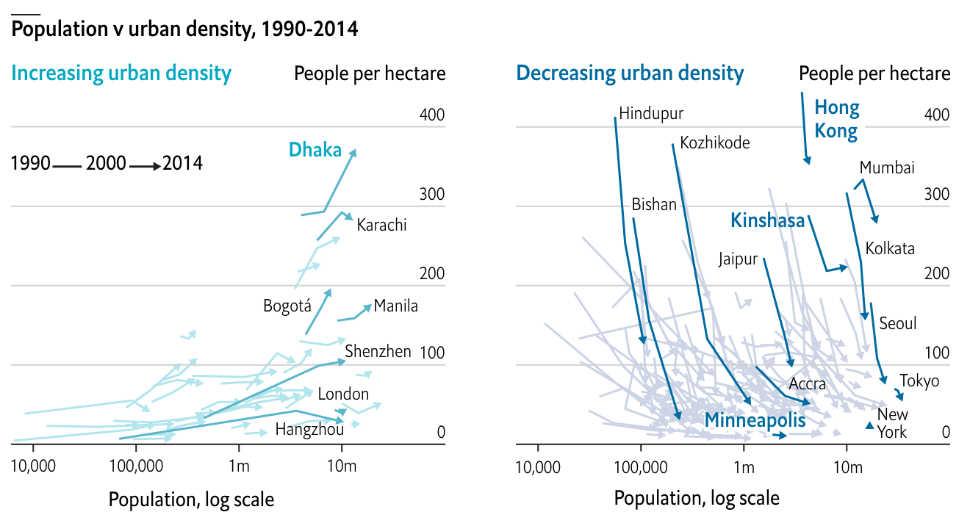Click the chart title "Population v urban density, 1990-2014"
tap(184, 30)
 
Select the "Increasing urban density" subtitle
tap(121, 73)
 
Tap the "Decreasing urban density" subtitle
tap(630, 73)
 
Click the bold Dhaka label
tap(315, 150)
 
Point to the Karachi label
tap(381, 225)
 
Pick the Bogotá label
tap(287, 306)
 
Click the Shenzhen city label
tap(378, 351)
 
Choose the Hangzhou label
tap(309, 429)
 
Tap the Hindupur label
tap(651, 113)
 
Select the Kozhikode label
tap(714, 143)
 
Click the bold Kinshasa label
tap(767, 220)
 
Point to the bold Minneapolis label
tap(755, 420)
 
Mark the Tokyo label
tap(919, 381)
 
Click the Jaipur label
tap(738, 259)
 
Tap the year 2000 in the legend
tap(106, 163)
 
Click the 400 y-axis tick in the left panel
tap(431, 115)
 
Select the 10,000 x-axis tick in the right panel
tap(539, 467)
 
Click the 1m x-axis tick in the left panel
tap(239, 467)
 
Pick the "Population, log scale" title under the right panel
tap(697, 498)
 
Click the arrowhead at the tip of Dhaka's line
tap(353, 152)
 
